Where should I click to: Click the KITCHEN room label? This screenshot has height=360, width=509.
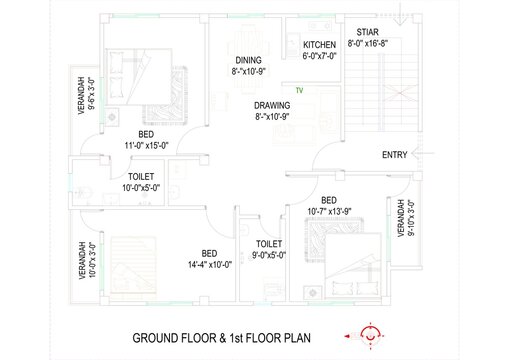point(319,45)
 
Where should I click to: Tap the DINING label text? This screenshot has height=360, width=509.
point(248,60)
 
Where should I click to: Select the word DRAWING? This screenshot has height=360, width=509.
point(272,106)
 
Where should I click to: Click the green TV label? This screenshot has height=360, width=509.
point(299,90)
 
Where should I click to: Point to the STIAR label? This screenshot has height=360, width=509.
point(367,32)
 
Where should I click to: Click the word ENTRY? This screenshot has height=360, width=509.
point(395,155)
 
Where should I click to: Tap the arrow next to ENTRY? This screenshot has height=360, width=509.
point(423,153)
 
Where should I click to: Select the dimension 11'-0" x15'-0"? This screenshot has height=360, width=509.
point(146,146)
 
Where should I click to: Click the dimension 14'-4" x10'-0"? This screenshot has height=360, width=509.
point(210,265)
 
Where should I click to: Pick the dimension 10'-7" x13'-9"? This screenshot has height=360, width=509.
point(329,212)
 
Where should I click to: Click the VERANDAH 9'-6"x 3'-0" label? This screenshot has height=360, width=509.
point(86,96)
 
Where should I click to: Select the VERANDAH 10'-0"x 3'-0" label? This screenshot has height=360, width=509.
point(87,260)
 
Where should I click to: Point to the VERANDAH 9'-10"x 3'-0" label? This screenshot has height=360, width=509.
point(406,218)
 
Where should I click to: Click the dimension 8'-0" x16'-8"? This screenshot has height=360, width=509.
point(368,43)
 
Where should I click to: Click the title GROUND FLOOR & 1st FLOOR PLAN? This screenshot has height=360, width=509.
point(221,338)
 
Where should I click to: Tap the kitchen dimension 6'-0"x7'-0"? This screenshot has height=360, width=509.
point(319,56)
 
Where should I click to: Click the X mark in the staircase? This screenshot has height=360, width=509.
point(401,93)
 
